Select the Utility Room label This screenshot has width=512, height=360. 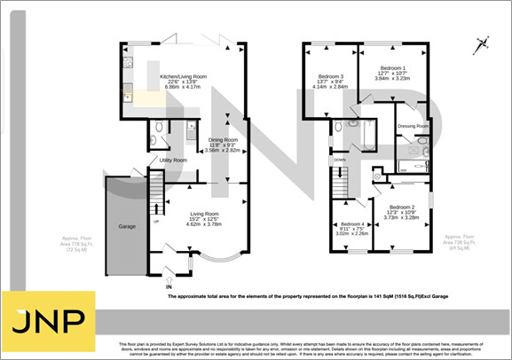click(173, 160)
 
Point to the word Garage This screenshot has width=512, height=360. click(127, 227)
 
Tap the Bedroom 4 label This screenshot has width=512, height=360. click(352, 223)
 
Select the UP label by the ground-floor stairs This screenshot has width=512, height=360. click(157, 221)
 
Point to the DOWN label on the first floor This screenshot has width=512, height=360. click(340, 160)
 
